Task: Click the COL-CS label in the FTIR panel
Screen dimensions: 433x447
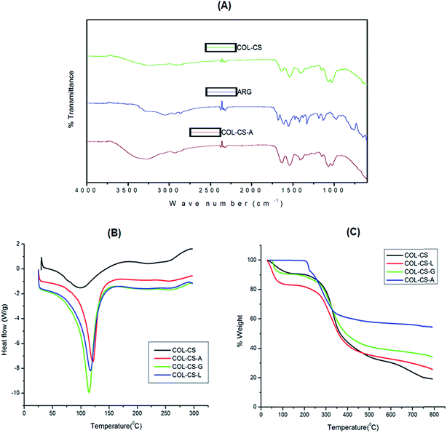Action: coord(249,48)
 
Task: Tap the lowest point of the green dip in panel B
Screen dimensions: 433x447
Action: coord(89,392)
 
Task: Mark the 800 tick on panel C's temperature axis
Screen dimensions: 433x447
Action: coord(434,416)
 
